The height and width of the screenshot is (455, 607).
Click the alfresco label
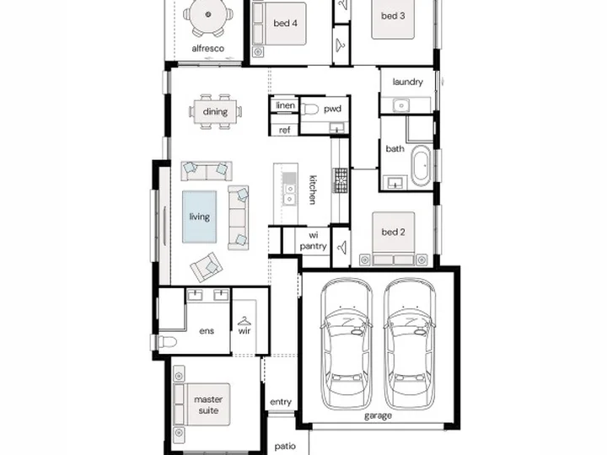[208, 48]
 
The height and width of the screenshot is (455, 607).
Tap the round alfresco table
[208, 14]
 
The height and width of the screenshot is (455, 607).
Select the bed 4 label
[285, 24]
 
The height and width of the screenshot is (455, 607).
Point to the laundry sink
[401, 104]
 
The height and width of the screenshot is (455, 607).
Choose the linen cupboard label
[286, 105]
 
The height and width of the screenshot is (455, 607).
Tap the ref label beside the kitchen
[285, 130]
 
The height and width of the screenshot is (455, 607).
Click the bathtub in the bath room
[421, 166]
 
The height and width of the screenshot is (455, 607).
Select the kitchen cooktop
[341, 180]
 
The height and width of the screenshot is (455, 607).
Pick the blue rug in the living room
[199, 217]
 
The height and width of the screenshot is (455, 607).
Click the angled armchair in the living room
[206, 267]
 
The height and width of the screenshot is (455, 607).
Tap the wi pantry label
[313, 241]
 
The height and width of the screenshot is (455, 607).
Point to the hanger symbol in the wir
[244, 321]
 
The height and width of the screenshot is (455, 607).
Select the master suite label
[208, 404]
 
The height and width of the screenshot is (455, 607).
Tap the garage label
[378, 416]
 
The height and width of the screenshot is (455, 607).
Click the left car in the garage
[346, 344]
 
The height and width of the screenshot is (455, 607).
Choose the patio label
[285, 446]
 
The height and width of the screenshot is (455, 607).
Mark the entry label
[281, 402]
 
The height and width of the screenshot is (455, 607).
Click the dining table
[215, 112]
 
